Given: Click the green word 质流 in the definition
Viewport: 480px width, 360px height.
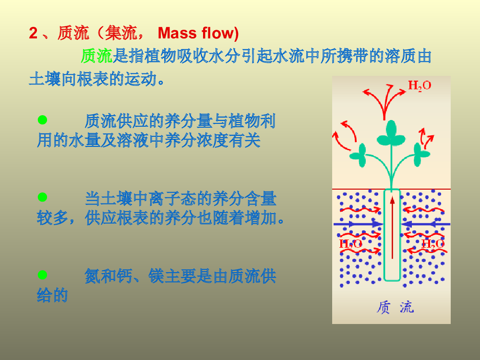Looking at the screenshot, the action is [97, 56].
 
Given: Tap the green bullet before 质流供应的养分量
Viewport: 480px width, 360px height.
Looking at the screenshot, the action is [42, 120].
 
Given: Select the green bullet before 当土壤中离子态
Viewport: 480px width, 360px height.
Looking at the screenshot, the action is [42, 197].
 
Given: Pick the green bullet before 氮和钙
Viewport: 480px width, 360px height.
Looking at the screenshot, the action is [42, 275].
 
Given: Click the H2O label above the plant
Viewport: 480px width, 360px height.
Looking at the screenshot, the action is [420, 85].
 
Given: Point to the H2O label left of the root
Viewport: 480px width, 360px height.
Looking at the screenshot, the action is [350, 244].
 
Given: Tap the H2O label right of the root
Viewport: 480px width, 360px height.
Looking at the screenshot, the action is [432, 244].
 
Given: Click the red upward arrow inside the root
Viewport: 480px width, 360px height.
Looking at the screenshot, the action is [392, 228].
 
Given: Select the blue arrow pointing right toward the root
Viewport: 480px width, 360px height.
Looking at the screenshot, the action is [358, 224].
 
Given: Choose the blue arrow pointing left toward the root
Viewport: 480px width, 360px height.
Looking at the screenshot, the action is [425, 224].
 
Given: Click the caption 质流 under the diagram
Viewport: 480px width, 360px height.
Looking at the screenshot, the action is [395, 307].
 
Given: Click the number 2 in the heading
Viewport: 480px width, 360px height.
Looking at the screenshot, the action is [33, 33].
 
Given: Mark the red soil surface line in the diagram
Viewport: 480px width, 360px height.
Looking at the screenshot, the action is [391, 189].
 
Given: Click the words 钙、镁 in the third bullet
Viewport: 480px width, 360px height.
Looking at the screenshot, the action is [140, 276].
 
